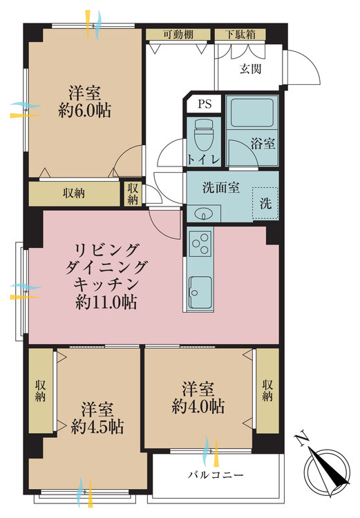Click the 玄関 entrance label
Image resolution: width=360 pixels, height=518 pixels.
pyautogui.click(x=251, y=68)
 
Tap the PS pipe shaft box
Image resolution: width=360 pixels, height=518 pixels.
pyautogui.click(x=204, y=104)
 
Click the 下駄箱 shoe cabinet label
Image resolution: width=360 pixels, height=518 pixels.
pyautogui.click(x=240, y=35)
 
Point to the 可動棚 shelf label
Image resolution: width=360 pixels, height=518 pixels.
pyautogui.click(x=178, y=35)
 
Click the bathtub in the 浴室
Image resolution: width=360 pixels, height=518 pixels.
pyautogui.click(x=252, y=113)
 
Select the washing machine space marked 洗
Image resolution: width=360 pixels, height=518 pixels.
pyautogui.click(x=265, y=203)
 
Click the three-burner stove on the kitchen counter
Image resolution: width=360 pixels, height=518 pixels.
pyautogui.click(x=200, y=244)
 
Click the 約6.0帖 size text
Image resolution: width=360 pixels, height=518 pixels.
pyautogui.click(x=84, y=111)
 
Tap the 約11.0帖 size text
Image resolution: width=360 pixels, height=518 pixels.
pyautogui.click(x=106, y=302)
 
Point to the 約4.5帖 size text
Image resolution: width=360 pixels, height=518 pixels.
pyautogui.click(x=97, y=427)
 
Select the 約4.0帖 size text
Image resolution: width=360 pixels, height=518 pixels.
pyautogui.click(x=198, y=406)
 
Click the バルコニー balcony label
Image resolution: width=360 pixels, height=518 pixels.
pyautogui.click(x=216, y=475)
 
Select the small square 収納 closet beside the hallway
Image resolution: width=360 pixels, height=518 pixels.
pyautogui.click(x=133, y=194)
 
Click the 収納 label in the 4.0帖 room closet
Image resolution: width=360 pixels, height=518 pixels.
pyautogui.click(x=267, y=390)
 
